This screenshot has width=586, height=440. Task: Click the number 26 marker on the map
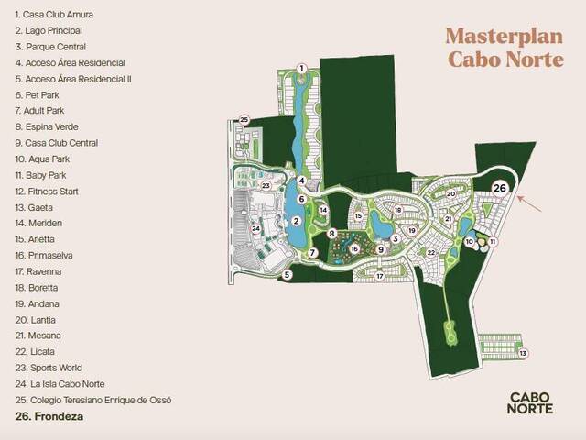click(x=500, y=188)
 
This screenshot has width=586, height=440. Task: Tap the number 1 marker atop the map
click(x=301, y=69)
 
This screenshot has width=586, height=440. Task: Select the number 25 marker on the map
click(x=244, y=120)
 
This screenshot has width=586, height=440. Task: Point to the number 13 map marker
click(x=523, y=353)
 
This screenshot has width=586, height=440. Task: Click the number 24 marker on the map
click(x=255, y=228)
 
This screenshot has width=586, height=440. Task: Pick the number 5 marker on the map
click(x=287, y=275)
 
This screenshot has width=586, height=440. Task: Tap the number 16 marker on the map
click(x=354, y=248)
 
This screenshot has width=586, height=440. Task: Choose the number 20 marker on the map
click(x=451, y=193)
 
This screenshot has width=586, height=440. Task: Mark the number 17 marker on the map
click(x=380, y=277)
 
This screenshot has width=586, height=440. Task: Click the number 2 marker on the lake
click(x=297, y=221)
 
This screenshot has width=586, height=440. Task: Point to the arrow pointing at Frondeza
click(x=529, y=203)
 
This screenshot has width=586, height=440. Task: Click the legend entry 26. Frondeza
click(x=49, y=416)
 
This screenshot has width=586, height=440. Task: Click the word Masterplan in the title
click(x=505, y=37)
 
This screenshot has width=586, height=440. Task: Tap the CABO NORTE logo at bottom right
click(x=530, y=403)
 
